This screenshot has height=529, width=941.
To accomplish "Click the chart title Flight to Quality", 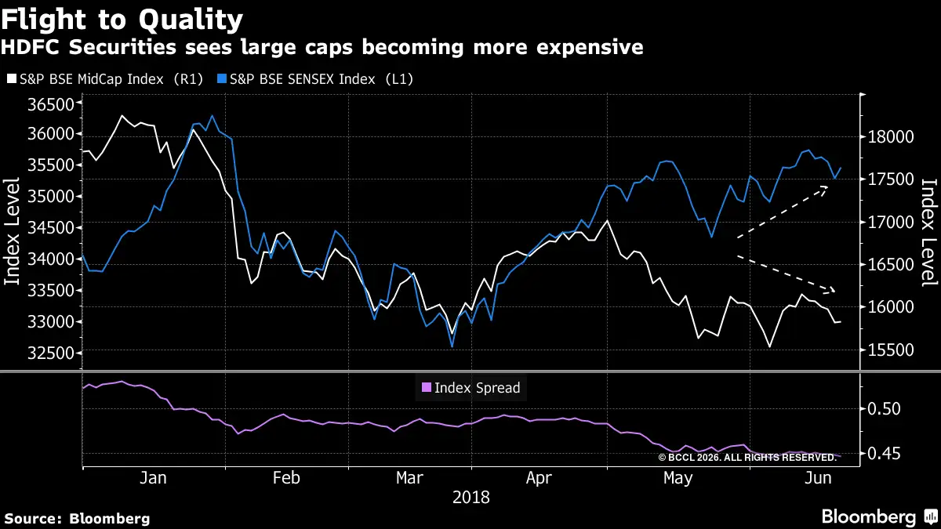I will tap(122, 18).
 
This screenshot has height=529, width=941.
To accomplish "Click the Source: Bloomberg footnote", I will tap(77, 518).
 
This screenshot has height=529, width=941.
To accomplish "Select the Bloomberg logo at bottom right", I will tap(878, 517).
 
